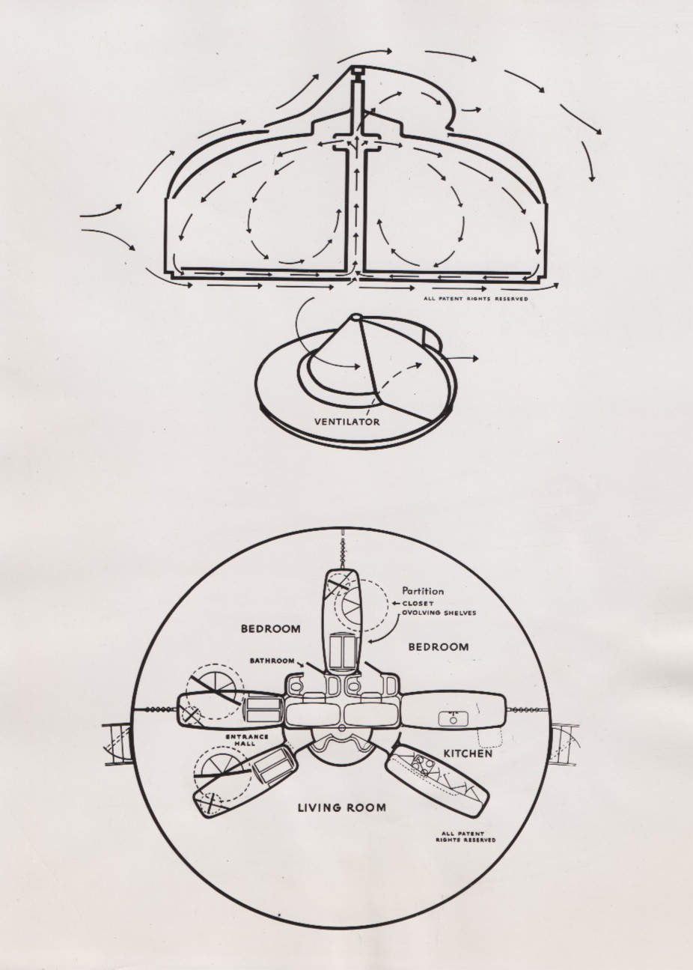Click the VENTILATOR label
coord(347,421)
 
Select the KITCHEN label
coord(468,753)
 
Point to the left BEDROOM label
coord(270,628)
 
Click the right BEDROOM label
coord(439,658)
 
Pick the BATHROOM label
coord(272,673)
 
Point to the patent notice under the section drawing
coord(476,299)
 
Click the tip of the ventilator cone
coord(357,315)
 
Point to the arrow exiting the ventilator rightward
coord(462,359)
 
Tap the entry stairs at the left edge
coord(116,743)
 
